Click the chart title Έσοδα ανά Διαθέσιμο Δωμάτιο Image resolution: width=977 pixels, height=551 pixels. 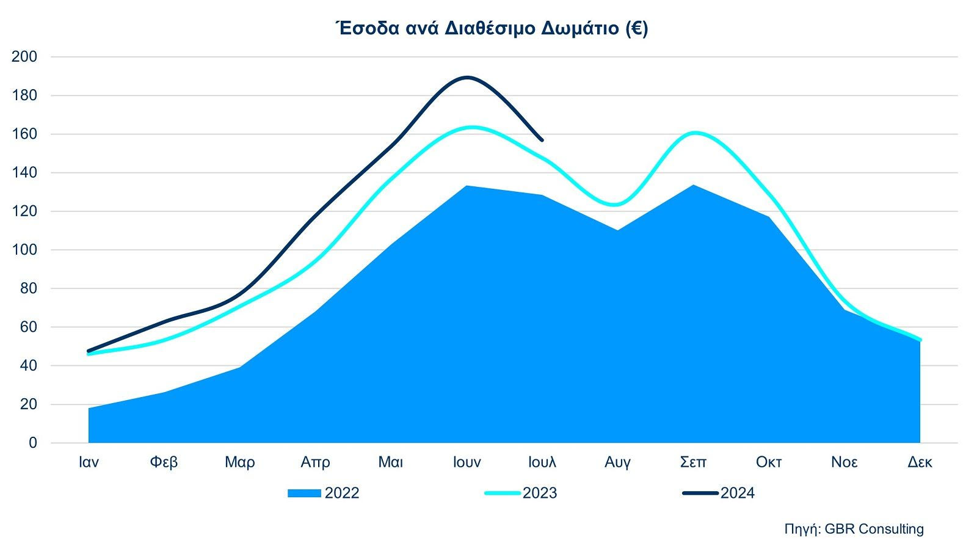(492, 29)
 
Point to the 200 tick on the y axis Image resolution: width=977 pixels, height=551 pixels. (24, 57)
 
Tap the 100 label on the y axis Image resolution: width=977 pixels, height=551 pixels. (24, 250)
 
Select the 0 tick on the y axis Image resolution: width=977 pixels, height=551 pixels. (32, 443)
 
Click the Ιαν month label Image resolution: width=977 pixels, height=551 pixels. (89, 462)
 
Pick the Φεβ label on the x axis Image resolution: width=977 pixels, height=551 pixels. (164, 462)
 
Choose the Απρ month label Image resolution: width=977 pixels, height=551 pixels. (315, 462)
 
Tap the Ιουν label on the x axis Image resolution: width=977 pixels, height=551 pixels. (467, 462)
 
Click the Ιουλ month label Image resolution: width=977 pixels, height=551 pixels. (542, 462)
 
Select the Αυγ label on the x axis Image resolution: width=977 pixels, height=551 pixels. (617, 462)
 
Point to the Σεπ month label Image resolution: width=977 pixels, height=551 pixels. (693, 462)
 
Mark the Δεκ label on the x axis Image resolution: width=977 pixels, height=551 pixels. (920, 462)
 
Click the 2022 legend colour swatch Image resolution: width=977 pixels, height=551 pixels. (304, 494)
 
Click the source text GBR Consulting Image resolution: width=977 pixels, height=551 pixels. (874, 529)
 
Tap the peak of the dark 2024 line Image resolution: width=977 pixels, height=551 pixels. (467, 77)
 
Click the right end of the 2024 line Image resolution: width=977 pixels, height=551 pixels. (542, 140)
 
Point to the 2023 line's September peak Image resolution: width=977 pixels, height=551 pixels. (695, 133)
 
